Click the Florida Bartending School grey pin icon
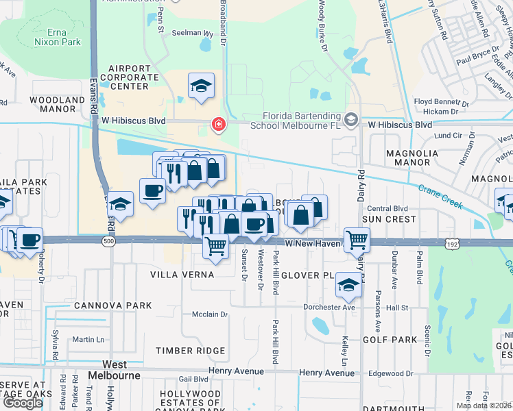[352, 121]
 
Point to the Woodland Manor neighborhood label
[57, 103]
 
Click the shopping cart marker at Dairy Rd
[357, 240]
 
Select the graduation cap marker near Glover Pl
[348, 284]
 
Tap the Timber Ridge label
[191, 351]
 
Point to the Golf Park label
[390, 340]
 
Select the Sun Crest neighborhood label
[389, 219]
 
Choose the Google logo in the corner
[23, 402]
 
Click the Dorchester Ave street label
[329, 308]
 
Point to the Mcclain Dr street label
[210, 314]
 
